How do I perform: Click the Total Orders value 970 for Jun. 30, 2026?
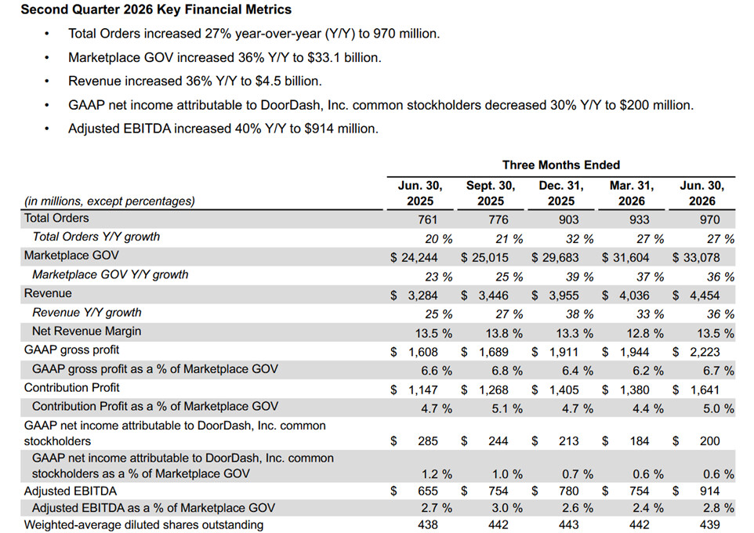click(x=710, y=219)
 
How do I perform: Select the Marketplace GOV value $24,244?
click(x=414, y=258)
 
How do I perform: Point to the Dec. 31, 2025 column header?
click(x=561, y=194)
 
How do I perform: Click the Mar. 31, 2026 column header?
click(x=632, y=194)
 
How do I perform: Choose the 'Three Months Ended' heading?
click(x=561, y=165)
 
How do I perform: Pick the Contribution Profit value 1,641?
click(x=705, y=390)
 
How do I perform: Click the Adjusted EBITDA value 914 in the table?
click(x=710, y=491)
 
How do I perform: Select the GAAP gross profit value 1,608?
click(x=422, y=352)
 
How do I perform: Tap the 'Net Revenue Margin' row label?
click(x=86, y=331)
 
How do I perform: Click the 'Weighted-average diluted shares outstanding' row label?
click(x=143, y=525)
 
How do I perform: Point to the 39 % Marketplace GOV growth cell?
click(x=576, y=277)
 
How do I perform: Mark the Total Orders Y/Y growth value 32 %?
click(x=576, y=239)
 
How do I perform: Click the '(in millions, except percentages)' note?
click(x=110, y=201)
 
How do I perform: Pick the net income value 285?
click(x=428, y=441)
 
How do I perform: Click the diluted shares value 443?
click(x=568, y=525)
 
